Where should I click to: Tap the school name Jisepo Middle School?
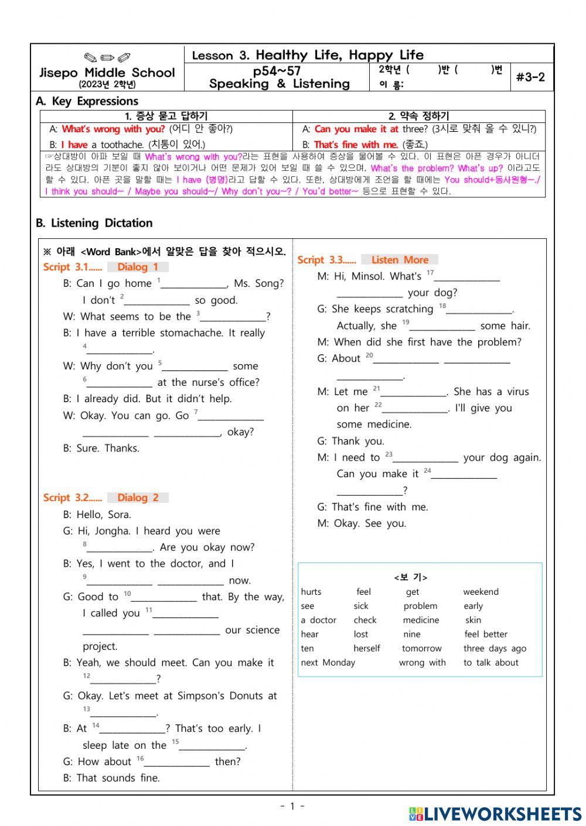[x=107, y=73]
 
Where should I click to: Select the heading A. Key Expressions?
[x=87, y=101]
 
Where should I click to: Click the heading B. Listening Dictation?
[x=94, y=223]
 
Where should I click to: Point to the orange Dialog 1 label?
[x=138, y=267]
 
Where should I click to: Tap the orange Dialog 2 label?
[x=138, y=498]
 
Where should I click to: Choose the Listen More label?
[x=400, y=260]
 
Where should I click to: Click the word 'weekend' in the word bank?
[x=481, y=592]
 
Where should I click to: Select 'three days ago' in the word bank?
[x=495, y=648]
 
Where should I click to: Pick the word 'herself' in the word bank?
[x=367, y=648]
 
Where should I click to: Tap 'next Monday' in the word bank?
[x=328, y=663]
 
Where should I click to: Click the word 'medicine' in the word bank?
[x=421, y=620]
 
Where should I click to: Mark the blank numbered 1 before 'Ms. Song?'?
[x=194, y=285]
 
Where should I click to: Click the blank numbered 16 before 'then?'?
[x=176, y=763]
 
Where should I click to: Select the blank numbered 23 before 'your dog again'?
[x=425, y=458]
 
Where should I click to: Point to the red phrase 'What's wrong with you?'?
[x=113, y=129]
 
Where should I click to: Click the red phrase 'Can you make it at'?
[x=356, y=129]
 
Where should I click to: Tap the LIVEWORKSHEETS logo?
[x=495, y=814]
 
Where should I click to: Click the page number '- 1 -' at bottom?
[x=292, y=806]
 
